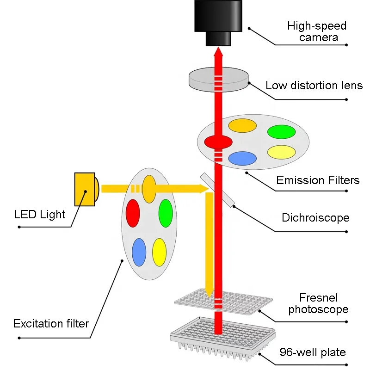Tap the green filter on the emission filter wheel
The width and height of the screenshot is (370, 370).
[281, 132]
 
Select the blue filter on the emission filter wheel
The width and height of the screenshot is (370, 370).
[242, 158]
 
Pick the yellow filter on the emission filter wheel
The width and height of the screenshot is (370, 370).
[281, 152]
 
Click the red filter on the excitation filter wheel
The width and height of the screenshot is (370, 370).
[133, 213]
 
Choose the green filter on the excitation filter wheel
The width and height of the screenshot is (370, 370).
[166, 213]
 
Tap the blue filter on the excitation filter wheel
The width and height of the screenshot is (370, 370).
[139, 252]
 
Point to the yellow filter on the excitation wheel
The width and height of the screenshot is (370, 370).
[159, 252]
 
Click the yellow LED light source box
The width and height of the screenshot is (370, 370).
[85, 189]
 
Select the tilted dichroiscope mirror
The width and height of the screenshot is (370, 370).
[217, 190]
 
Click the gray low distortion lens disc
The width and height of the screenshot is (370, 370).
[218, 80]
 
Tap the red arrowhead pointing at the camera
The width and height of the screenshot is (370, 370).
[218, 51]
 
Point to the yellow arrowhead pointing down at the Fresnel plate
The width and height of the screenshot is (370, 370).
[210, 293]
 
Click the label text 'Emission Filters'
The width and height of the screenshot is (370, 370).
[318, 180]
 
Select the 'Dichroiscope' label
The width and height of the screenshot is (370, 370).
[315, 217]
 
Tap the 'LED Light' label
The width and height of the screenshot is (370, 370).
[40, 215]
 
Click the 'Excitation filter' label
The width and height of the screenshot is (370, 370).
[51, 323]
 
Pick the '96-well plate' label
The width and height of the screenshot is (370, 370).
[313, 352]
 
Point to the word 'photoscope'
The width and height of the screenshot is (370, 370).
[318, 309]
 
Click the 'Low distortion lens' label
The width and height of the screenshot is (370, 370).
[314, 86]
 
